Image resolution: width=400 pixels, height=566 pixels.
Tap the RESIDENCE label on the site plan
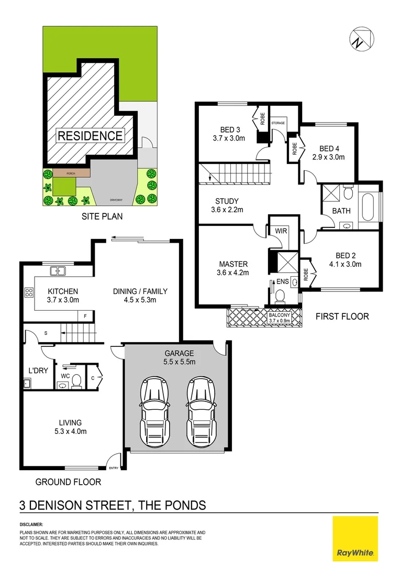90,136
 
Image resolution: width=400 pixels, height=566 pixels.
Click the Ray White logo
355,538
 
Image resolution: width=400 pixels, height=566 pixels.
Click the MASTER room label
233,264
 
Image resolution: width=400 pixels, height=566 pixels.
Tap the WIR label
277,230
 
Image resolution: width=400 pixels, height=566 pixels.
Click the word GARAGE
179,353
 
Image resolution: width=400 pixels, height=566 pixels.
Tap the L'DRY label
38,371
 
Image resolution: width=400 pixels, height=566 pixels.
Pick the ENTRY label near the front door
114,469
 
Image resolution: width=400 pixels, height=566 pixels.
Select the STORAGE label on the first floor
278,123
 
